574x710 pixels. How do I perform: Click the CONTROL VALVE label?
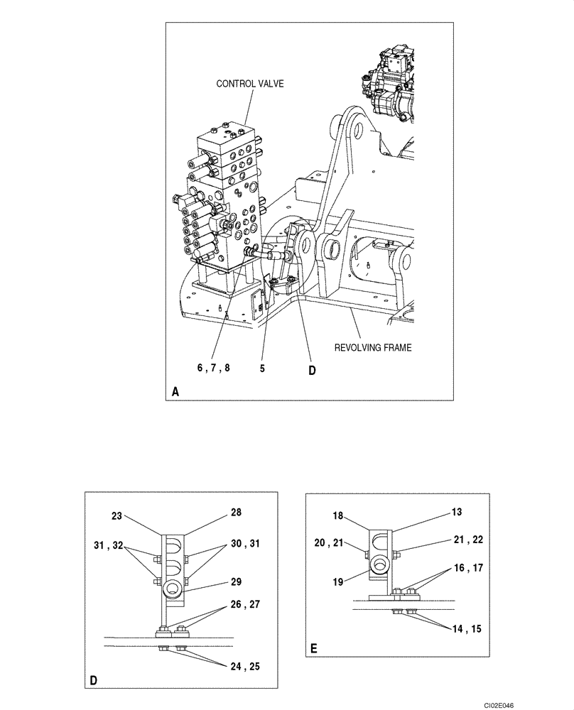[x=250, y=84]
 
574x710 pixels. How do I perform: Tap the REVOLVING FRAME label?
[x=374, y=348]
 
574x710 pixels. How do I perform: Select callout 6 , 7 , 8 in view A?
[x=214, y=368]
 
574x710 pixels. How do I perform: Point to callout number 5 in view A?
[x=263, y=368]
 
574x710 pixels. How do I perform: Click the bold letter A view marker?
[x=176, y=391]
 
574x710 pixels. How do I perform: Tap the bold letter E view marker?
[x=313, y=648]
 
